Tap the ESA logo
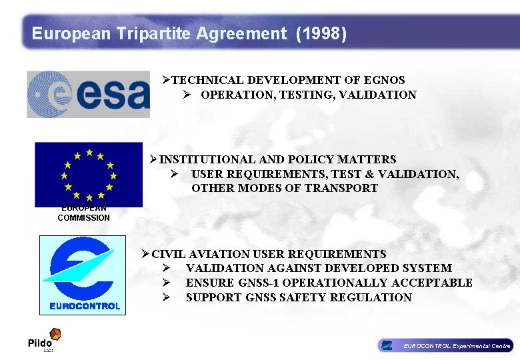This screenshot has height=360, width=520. (89, 94)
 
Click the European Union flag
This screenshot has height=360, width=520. (89, 174)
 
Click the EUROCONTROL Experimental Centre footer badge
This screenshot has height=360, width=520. (445, 345)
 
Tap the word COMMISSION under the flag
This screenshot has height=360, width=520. (84, 217)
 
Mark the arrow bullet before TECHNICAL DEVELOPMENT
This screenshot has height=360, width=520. (166, 80)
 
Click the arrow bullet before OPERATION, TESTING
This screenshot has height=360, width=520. (188, 95)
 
